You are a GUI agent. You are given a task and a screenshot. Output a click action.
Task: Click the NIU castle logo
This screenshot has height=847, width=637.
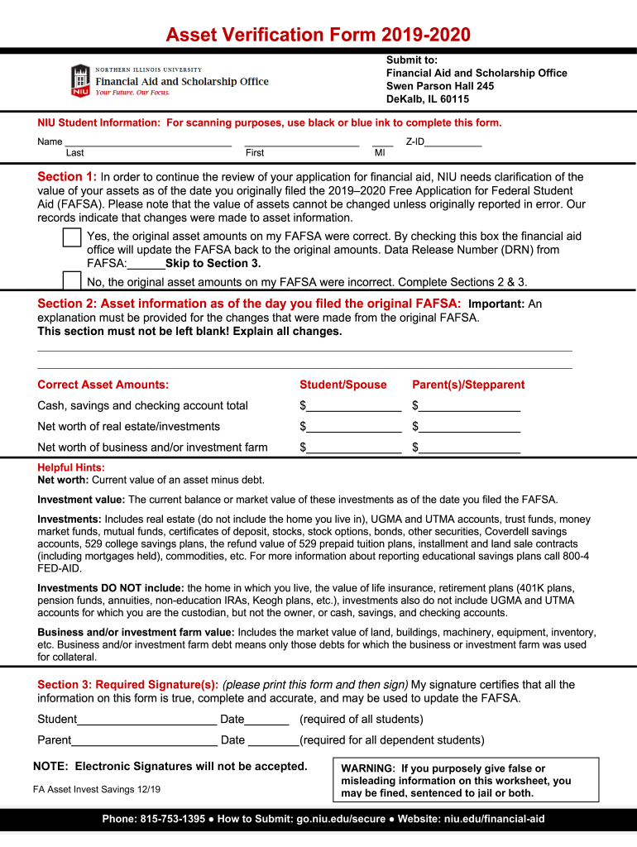(x=80, y=80)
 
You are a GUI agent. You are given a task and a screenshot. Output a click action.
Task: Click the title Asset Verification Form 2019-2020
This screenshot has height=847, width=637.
(x=318, y=35)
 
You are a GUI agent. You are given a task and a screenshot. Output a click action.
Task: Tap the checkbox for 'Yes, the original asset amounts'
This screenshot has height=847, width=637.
(x=72, y=238)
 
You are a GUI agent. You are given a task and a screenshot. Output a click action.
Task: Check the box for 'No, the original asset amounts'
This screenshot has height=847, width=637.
(x=72, y=280)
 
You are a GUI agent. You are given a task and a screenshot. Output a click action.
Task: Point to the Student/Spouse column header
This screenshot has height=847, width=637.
(x=342, y=385)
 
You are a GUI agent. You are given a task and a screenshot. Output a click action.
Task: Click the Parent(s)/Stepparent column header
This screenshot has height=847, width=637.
(x=468, y=385)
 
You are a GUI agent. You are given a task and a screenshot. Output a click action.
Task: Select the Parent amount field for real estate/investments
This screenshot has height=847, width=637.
(x=469, y=427)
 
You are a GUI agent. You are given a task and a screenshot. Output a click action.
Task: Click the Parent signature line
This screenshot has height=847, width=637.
(x=144, y=740)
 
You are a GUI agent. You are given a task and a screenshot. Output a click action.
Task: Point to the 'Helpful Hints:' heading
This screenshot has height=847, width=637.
(x=71, y=467)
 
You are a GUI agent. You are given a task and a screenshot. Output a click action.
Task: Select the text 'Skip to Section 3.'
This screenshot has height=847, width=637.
(x=213, y=264)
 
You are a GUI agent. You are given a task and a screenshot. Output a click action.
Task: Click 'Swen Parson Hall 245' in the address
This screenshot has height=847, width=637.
(x=440, y=86)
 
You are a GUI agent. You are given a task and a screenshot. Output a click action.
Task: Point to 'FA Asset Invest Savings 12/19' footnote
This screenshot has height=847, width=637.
(x=97, y=789)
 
